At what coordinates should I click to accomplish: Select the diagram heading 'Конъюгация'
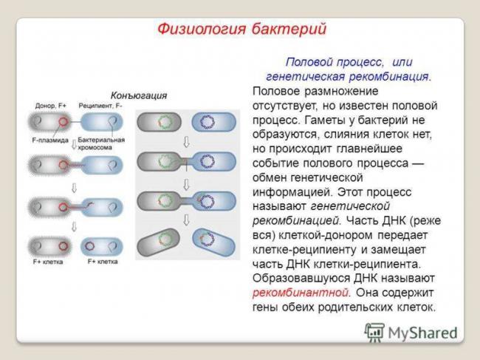pyautogui.click(x=138, y=95)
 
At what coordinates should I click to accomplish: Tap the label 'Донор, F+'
pyautogui.click(x=50, y=106)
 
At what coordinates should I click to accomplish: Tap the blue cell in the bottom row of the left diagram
pyautogui.click(x=102, y=245)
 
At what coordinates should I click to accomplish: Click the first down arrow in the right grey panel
pyautogui.click(x=186, y=140)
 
